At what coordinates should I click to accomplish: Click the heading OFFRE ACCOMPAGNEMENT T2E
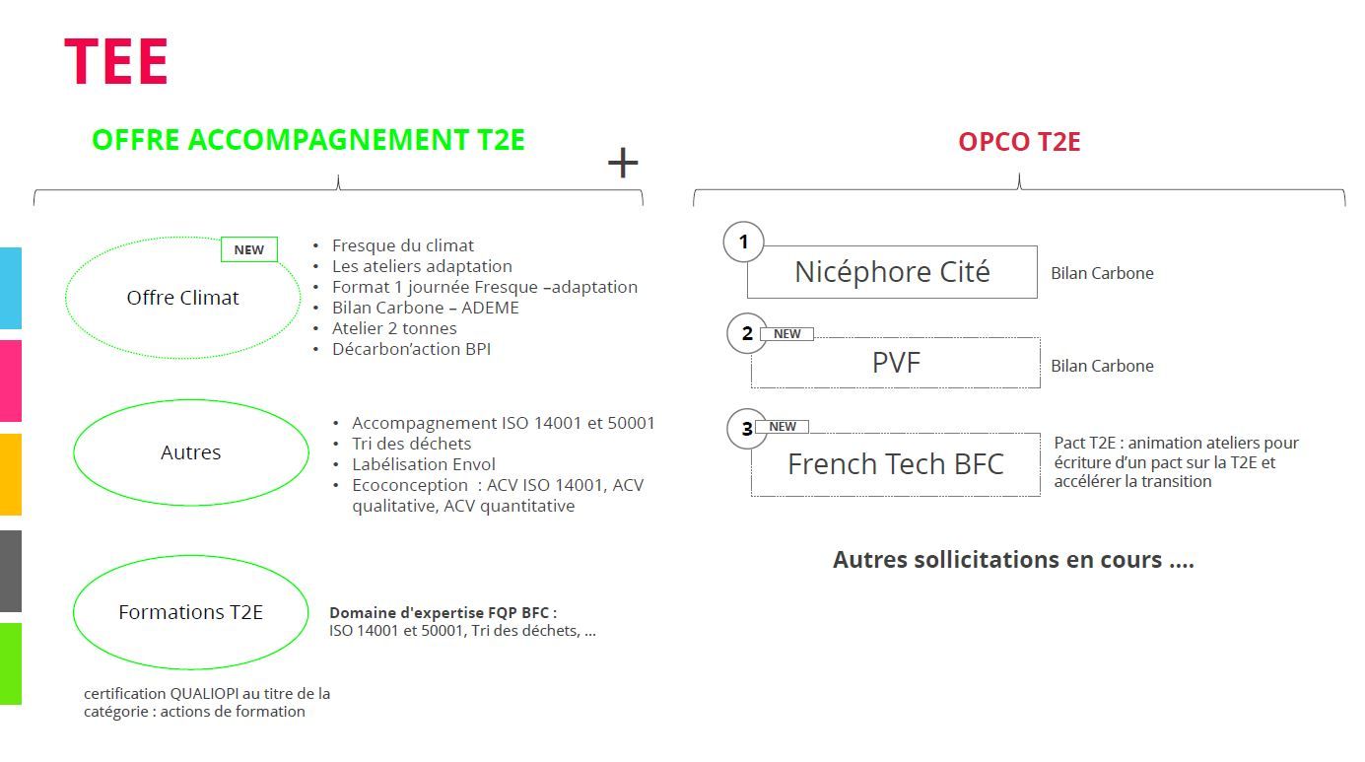(x=307, y=140)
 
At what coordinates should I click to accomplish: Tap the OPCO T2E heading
(x=1019, y=142)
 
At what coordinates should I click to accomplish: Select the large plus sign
(x=622, y=163)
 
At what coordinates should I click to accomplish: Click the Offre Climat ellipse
(x=182, y=298)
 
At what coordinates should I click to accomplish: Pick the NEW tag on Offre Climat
(x=248, y=249)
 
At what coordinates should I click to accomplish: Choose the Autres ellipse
(x=190, y=452)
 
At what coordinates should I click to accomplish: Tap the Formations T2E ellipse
(x=190, y=612)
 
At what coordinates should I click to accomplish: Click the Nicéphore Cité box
(x=892, y=272)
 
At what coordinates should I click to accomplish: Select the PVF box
(x=895, y=363)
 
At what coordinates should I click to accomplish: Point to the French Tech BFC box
(x=895, y=464)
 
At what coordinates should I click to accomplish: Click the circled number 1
(x=743, y=242)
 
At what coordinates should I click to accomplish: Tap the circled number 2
(x=746, y=333)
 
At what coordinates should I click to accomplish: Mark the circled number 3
(x=746, y=428)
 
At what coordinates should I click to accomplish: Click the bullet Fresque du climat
(x=402, y=245)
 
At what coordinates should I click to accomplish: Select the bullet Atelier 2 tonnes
(x=394, y=328)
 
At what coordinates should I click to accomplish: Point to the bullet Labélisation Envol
(x=424, y=464)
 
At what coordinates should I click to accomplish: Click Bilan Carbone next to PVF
(x=1102, y=366)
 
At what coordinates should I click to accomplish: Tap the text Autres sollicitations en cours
(x=1013, y=560)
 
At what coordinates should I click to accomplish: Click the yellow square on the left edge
(x=10, y=474)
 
